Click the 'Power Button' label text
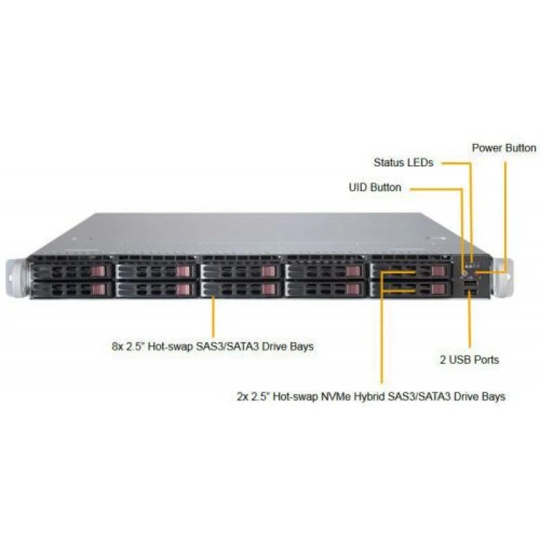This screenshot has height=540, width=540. point(504,148)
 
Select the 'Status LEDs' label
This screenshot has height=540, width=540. point(403,163)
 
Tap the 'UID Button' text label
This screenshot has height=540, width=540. point(375,188)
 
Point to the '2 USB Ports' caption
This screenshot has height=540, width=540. point(469,360)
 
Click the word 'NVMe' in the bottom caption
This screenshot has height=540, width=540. point(335,396)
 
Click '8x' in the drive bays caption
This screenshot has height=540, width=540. point(117,346)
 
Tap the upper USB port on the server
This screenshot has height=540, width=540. point(470,283)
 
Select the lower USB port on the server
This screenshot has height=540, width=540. point(470,292)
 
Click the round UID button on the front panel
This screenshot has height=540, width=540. point(464,274)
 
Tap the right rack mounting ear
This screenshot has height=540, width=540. point(502,277)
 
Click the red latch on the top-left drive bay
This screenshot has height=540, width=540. point(98,271)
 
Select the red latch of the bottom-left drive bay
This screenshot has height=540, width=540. point(98,290)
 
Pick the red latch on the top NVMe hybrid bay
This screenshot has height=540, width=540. point(438,271)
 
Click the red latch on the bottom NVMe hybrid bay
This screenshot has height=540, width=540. point(438,289)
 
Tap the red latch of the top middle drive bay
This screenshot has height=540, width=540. point(268,271)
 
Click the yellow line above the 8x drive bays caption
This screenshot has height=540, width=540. point(213,316)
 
